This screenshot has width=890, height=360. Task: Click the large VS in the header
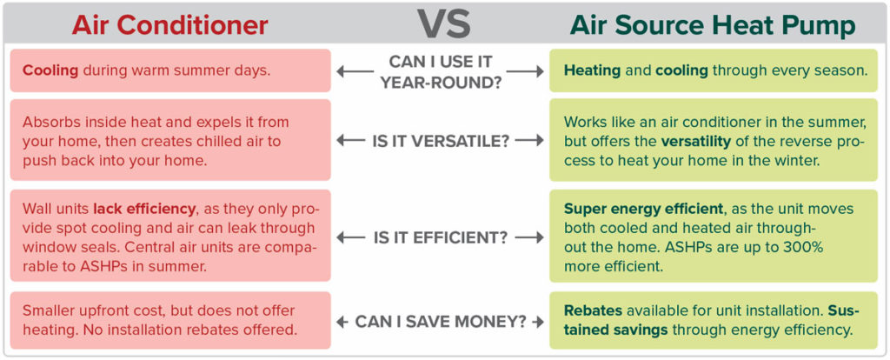[x=445, y=24]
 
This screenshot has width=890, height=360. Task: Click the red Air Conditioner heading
[x=169, y=25]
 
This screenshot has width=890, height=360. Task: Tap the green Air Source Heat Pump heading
[x=713, y=25]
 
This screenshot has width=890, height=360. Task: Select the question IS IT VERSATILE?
[x=440, y=141]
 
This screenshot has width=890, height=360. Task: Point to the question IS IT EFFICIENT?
[x=440, y=238]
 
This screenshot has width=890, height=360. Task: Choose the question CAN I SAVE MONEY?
[x=440, y=322]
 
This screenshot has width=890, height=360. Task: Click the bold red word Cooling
[x=50, y=72]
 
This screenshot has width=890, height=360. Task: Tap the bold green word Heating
[x=590, y=71]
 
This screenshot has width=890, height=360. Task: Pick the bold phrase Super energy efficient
[x=644, y=210]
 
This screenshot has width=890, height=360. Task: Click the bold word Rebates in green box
[x=590, y=311]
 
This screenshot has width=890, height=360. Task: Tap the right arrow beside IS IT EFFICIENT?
[x=529, y=238]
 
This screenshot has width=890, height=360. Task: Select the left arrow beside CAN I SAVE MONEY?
[x=342, y=322]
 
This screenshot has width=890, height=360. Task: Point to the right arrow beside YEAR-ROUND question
[x=525, y=71]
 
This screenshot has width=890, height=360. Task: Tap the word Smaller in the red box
[x=50, y=311]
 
